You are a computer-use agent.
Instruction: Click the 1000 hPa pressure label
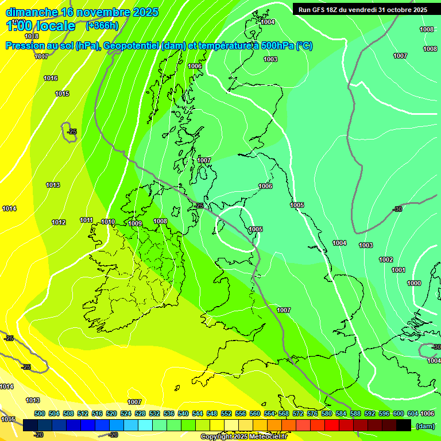[x=413, y=283]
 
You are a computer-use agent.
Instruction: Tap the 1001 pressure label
[x=399, y=270]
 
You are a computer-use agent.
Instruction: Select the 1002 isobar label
[x=386, y=260]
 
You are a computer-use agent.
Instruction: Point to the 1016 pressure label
[x=51, y=78]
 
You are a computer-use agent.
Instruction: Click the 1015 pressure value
[x=62, y=94]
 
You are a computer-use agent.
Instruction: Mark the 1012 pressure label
[x=59, y=222]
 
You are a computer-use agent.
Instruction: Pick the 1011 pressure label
[x=87, y=220]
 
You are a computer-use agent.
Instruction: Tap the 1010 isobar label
[x=108, y=222]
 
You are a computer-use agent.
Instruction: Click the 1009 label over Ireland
[x=135, y=223]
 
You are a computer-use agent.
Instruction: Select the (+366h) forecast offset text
[x=102, y=25]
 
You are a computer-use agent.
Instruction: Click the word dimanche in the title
[x=32, y=11]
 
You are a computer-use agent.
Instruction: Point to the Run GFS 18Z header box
[x=362, y=10]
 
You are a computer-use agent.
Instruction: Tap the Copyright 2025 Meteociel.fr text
[x=243, y=436]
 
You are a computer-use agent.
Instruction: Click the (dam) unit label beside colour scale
[x=425, y=426]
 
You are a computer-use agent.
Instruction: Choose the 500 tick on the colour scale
[x=40, y=413]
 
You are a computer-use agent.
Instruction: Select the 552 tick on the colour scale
[x=226, y=413]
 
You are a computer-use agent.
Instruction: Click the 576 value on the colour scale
[x=312, y=413]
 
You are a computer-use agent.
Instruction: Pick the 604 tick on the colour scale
[x=413, y=413]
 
